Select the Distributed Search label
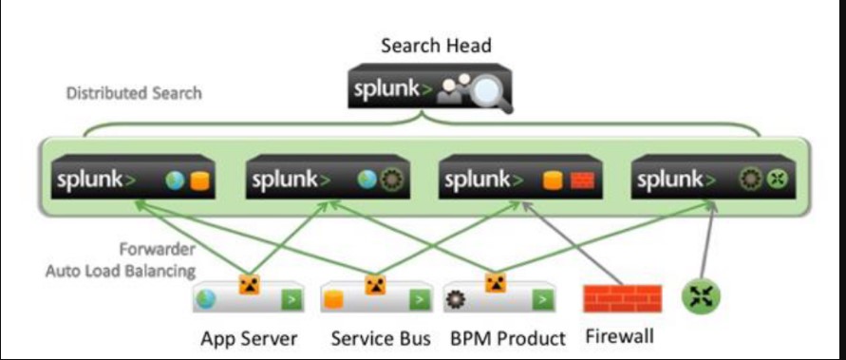click(134, 94)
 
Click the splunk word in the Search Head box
click(389, 90)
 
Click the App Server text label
click(249, 338)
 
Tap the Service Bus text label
click(381, 338)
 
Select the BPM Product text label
click(508, 338)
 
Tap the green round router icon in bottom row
click(701, 298)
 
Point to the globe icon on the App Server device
click(205, 300)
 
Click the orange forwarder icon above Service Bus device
click(373, 284)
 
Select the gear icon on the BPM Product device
click(454, 300)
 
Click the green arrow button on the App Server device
click(289, 301)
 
